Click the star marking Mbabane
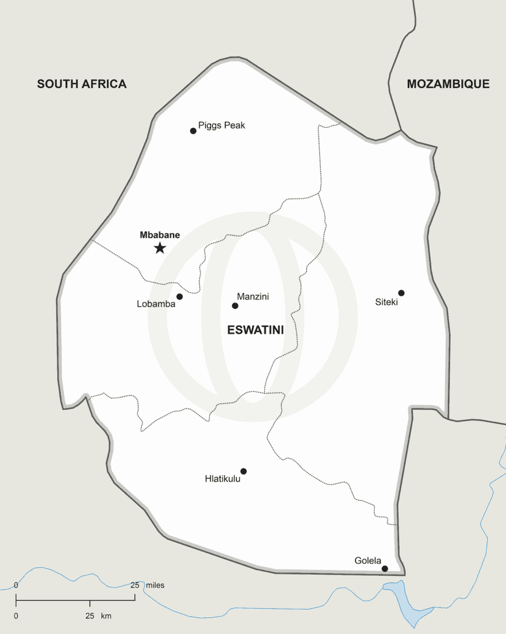160,248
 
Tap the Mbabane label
160,235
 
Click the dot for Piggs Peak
193,131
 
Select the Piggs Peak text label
221,125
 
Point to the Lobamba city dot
179,297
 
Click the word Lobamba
156,304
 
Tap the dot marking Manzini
235,305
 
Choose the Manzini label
253,297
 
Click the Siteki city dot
401,293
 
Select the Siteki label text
386,302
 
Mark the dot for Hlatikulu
243,471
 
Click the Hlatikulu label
223,479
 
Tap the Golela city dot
385,569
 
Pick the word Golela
368,561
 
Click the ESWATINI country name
255,330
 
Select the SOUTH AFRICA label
82,84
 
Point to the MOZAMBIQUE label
448,84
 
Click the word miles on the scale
155,585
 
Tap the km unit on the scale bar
106,616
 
